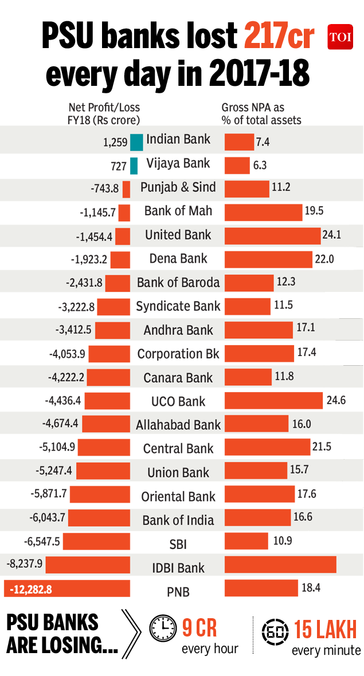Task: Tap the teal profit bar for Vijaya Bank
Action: tap(134, 165)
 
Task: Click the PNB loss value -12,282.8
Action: tap(29, 589)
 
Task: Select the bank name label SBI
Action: tap(178, 544)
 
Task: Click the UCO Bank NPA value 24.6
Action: tap(336, 400)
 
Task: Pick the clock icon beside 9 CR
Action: tap(163, 628)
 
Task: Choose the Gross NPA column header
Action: tap(261, 114)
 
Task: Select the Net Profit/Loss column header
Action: tap(104, 114)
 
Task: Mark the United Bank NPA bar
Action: tap(272, 236)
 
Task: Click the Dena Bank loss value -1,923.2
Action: tap(89, 259)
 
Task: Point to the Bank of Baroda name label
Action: tap(178, 282)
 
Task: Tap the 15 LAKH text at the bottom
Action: tap(325, 630)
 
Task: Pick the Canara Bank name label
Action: tap(178, 378)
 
